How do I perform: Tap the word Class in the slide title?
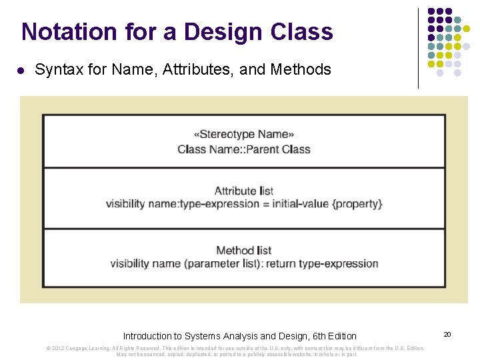pos(302,31)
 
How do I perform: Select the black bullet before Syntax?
pos(21,70)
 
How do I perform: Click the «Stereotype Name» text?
pos(244,134)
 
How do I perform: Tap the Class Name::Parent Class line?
pos(244,149)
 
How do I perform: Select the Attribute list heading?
pos(244,191)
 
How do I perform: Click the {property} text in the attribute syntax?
pos(357,203)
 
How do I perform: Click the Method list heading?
pos(244,251)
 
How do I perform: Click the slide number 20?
pos(447,334)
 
